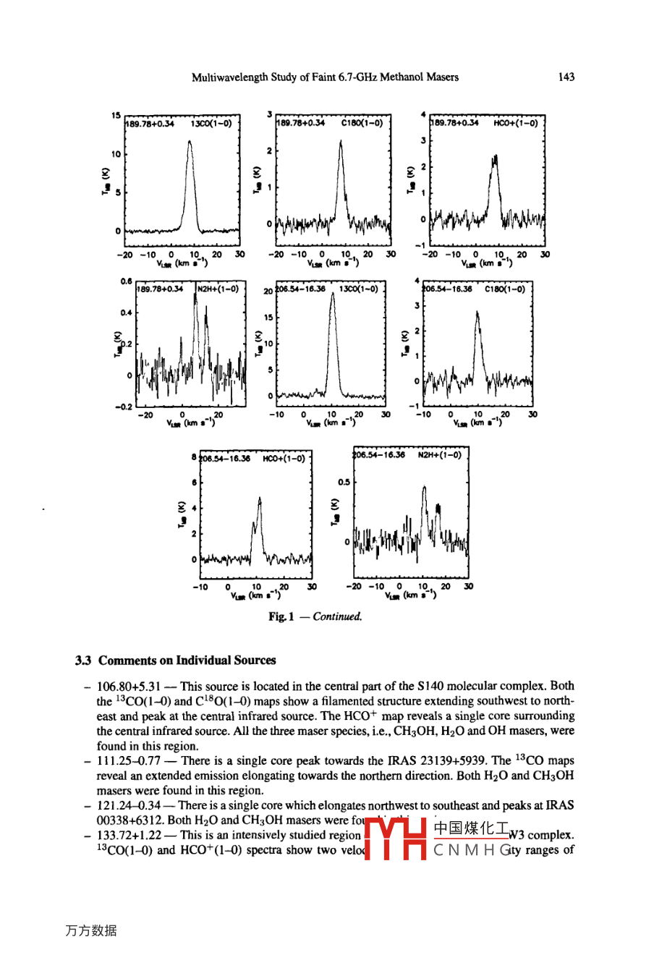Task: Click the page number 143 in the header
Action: coord(566,77)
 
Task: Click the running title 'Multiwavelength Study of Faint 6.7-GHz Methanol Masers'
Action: coord(325,77)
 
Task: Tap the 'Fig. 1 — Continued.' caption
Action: coord(315,616)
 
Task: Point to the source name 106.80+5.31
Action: coord(128,686)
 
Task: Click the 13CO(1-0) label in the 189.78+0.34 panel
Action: coord(211,124)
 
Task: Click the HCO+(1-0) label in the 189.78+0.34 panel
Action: coord(515,124)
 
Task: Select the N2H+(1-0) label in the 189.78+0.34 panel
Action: coord(218,289)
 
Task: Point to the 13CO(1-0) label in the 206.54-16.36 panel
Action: coord(358,289)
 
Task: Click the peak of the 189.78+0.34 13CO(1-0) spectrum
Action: coord(190,142)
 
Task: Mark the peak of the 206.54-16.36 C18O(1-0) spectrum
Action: coord(477,312)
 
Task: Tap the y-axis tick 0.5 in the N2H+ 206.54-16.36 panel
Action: coord(344,482)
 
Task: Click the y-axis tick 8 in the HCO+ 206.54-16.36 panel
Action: coord(194,457)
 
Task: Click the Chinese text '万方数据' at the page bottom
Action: coord(90,930)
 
